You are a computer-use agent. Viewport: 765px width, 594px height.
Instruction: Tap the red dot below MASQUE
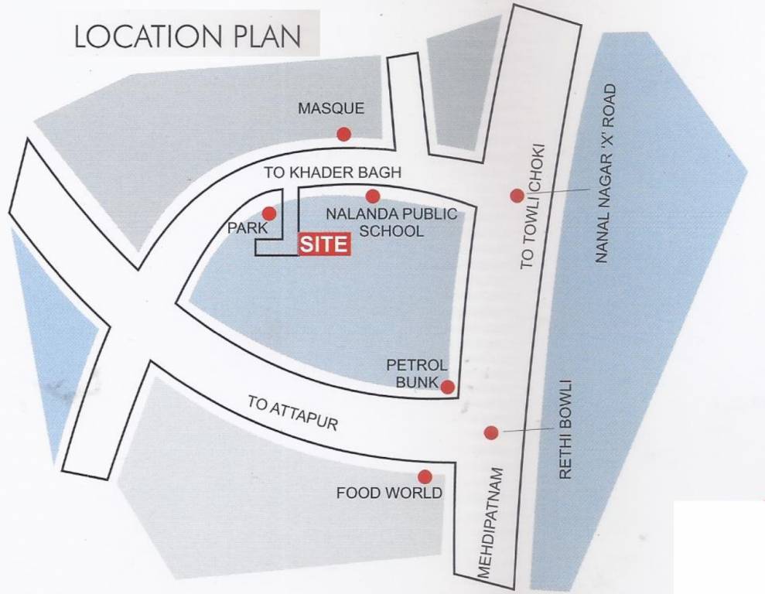[344, 135]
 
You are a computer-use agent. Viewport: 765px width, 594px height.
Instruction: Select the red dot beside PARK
[269, 213]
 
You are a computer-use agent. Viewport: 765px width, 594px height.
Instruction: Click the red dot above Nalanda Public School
[373, 196]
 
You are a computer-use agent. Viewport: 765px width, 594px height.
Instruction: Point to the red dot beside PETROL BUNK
[447, 387]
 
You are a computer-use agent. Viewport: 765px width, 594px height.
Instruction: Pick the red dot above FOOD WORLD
[425, 476]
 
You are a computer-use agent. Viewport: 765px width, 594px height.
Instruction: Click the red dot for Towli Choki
[517, 196]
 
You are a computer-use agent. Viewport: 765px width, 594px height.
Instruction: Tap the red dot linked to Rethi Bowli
[490, 432]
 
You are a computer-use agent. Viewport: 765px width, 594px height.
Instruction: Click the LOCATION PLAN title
[186, 37]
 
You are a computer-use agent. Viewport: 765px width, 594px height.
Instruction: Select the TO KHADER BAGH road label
[333, 172]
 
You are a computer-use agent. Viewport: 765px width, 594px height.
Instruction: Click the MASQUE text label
[330, 109]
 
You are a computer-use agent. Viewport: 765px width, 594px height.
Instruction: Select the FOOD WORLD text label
[389, 493]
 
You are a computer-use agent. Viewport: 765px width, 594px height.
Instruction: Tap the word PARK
[247, 228]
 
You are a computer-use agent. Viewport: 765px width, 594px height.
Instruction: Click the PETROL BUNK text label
[416, 373]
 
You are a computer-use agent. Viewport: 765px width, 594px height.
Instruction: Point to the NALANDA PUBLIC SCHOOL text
[391, 222]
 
